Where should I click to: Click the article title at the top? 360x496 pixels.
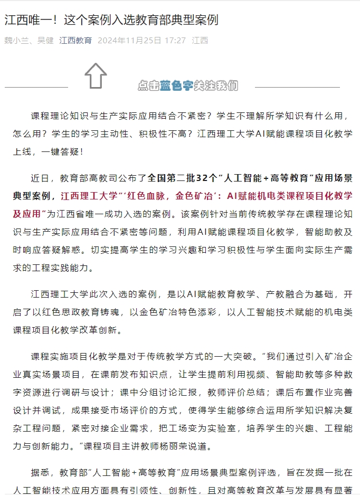pyautogui.click(x=111, y=21)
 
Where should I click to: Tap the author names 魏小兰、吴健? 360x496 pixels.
pyautogui.click(x=29, y=41)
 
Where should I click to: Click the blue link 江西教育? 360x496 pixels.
pyautogui.click(x=75, y=41)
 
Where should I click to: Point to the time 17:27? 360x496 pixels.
pyautogui.click(x=175, y=41)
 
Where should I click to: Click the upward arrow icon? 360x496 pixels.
pyautogui.click(x=96, y=75)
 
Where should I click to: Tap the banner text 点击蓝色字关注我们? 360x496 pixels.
pyautogui.click(x=187, y=85)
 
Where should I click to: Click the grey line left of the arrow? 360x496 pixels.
pyautogui.click(x=36, y=87)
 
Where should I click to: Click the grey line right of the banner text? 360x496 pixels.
pyautogui.click(x=297, y=87)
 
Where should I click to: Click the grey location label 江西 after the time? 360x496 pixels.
pyautogui.click(x=200, y=41)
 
